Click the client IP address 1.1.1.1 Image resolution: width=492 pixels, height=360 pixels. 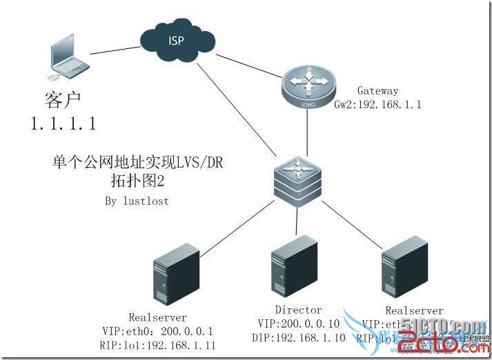[63, 124]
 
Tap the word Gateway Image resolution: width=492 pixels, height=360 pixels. [377, 90]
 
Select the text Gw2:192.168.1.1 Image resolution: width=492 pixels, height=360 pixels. [377, 105]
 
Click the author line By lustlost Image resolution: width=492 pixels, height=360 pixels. [136, 201]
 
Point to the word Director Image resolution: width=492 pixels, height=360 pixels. [299, 310]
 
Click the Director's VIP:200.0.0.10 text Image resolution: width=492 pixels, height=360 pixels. [299, 324]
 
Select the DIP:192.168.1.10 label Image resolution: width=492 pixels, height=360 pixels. [299, 338]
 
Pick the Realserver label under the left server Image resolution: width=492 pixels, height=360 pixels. [157, 317]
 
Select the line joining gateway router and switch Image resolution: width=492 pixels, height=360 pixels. [306, 131]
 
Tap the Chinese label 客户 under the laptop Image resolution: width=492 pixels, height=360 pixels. [63, 101]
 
